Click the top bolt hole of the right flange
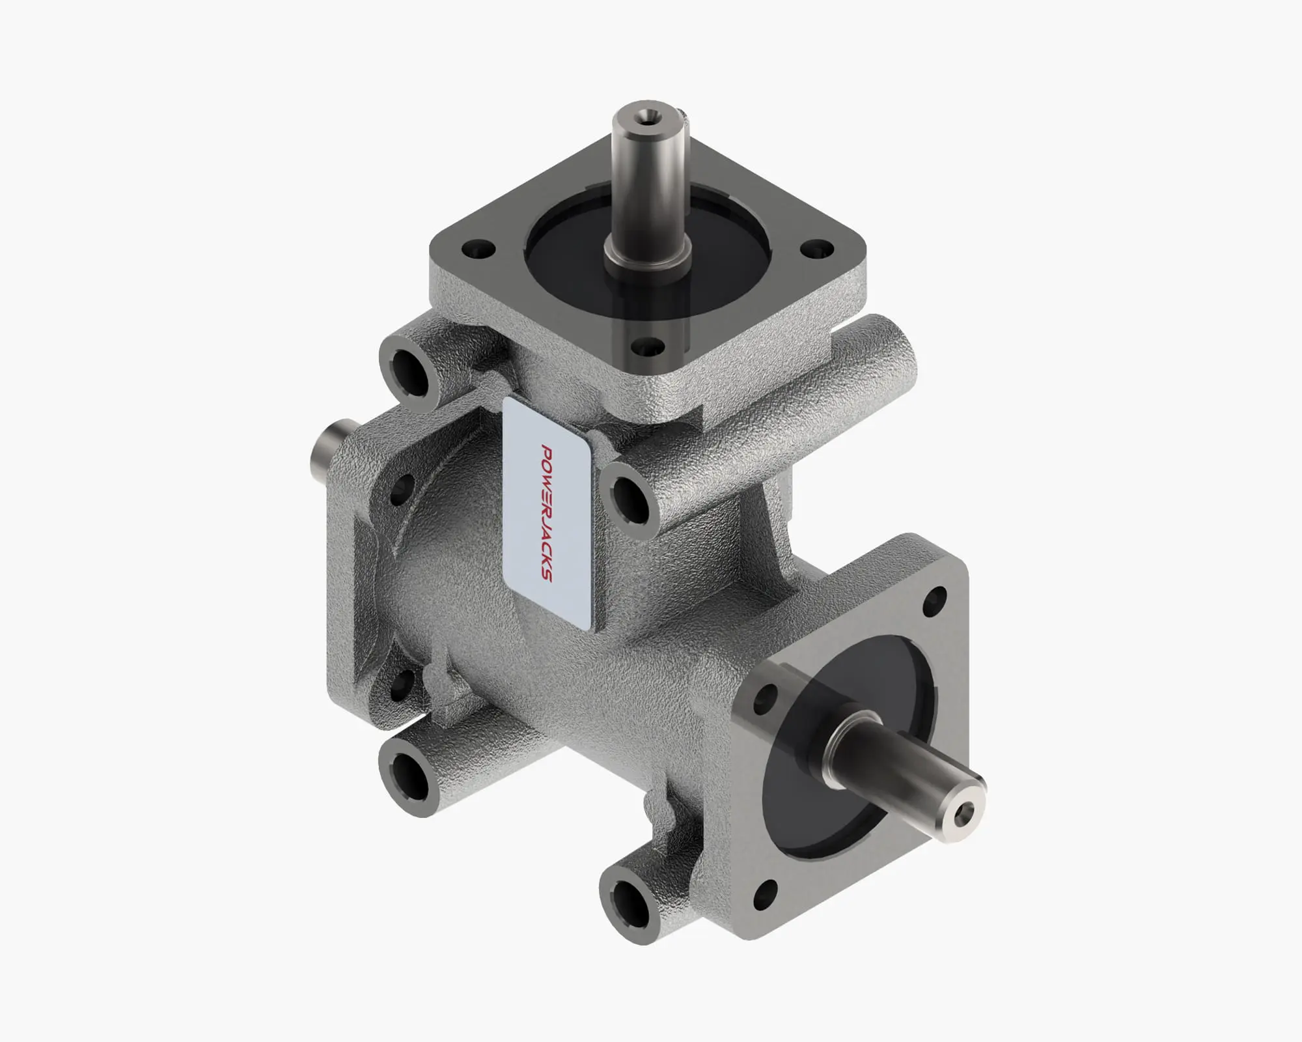pyautogui.click(x=937, y=597)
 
